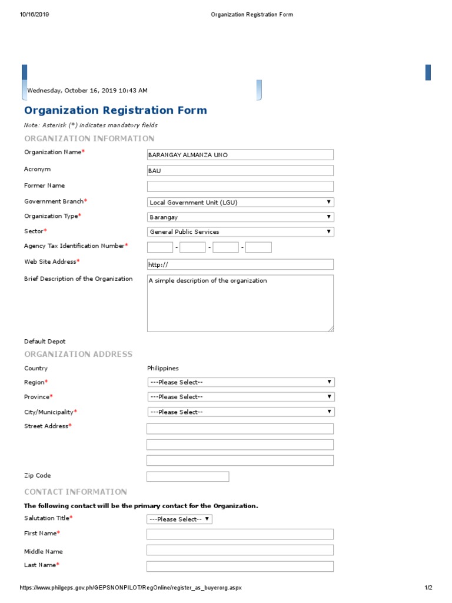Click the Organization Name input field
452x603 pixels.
click(240, 155)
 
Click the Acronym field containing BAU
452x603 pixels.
click(240, 171)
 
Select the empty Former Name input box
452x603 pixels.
click(240, 186)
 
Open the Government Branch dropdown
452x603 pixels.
click(240, 202)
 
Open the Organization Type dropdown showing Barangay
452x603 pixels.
click(240, 217)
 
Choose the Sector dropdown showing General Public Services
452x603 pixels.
click(240, 231)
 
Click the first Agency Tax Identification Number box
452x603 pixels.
click(159, 247)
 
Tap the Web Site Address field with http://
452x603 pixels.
click(240, 264)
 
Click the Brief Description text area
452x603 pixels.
click(240, 303)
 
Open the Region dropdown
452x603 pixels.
click(240, 382)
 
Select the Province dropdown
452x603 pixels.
click(240, 397)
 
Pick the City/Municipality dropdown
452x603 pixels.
click(240, 412)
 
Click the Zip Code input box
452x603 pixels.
click(188, 476)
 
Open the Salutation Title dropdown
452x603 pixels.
click(180, 519)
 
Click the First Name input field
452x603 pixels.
click(240, 534)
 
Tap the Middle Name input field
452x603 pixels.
click(240, 550)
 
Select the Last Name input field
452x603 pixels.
click(240, 566)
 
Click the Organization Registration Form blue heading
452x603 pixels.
click(115, 110)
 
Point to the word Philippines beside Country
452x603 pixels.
click(163, 368)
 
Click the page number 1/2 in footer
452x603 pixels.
click(428, 588)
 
